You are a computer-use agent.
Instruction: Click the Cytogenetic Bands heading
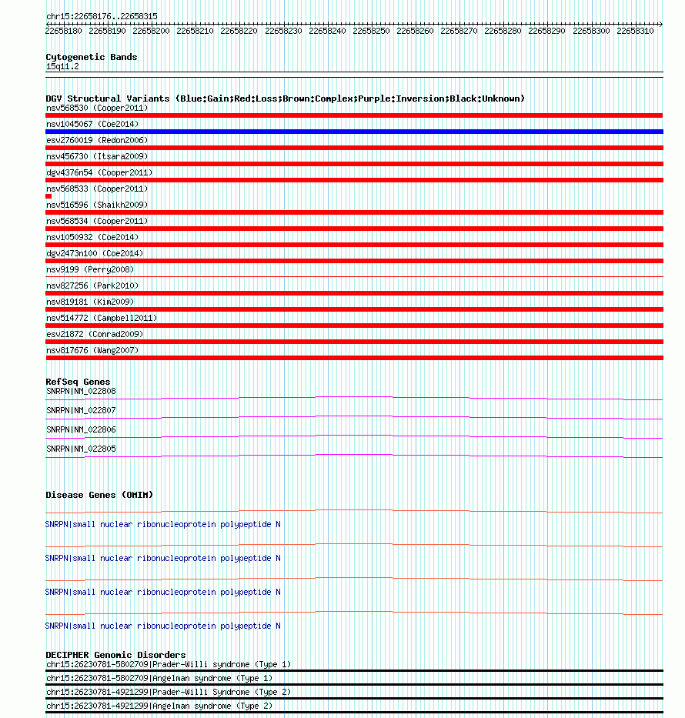pyautogui.click(x=92, y=57)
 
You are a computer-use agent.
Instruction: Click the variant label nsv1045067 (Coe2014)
pyautogui.click(x=92, y=124)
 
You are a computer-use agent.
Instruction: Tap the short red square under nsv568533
pyautogui.click(x=48, y=196)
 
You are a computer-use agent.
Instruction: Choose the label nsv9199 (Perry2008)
pyautogui.click(x=89, y=269)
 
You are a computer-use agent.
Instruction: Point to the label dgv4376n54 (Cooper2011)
pyautogui.click(x=99, y=172)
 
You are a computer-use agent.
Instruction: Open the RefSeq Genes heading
pyautogui.click(x=78, y=382)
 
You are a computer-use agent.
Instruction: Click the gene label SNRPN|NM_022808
pyautogui.click(x=81, y=391)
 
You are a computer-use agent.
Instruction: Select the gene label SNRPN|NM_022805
pyautogui.click(x=81, y=449)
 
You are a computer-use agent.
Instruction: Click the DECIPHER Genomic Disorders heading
pyautogui.click(x=115, y=655)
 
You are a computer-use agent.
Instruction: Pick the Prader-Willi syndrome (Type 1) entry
pyautogui.click(x=168, y=664)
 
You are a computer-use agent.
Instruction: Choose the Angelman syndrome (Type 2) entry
pyautogui.click(x=168, y=706)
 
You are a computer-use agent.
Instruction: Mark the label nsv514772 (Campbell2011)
pyautogui.click(x=102, y=318)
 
